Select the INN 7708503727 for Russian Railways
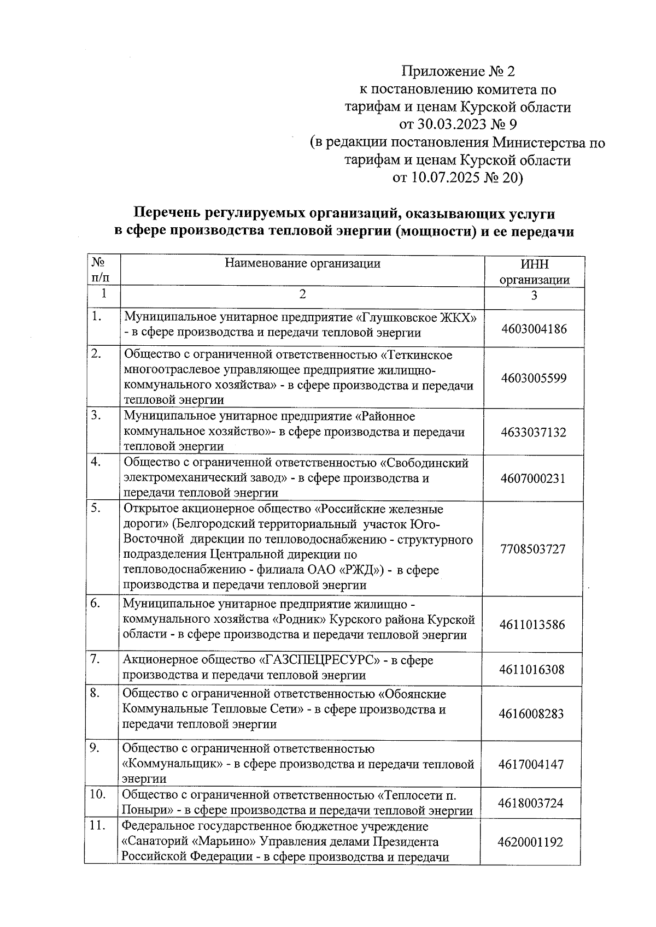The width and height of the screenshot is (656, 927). click(532, 549)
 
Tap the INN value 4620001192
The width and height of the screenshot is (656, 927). click(530, 842)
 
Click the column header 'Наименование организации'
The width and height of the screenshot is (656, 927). click(302, 264)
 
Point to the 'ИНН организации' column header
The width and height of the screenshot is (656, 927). click(534, 272)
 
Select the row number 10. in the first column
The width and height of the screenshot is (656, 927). click(97, 794)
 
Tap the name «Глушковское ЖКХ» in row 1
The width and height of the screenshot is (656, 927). click(420, 317)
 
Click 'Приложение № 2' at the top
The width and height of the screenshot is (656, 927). click(458, 72)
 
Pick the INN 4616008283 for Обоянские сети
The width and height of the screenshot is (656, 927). click(531, 713)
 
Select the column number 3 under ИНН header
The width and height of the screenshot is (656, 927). click(534, 296)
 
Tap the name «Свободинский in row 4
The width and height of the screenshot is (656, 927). click(424, 463)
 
